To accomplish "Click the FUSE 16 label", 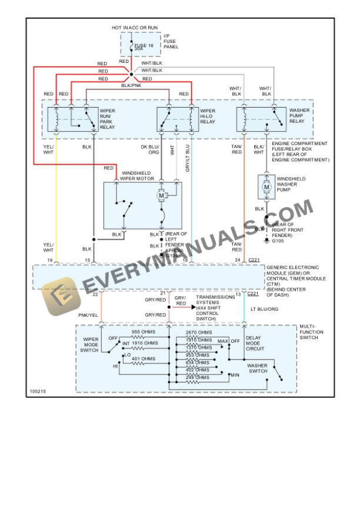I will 144,46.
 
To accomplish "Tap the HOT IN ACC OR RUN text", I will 135,28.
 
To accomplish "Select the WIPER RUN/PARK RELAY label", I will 109,118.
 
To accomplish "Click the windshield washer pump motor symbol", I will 266,187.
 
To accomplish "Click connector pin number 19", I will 50,259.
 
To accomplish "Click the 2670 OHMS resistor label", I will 198,333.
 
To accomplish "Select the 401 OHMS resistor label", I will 144,359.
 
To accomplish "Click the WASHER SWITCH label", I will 258,369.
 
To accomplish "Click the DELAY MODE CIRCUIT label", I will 255,343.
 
